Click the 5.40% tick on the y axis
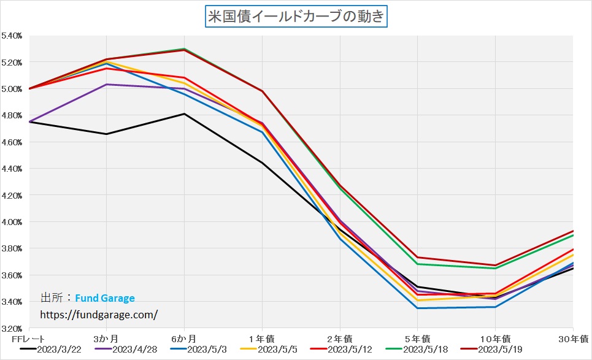tap(12, 36)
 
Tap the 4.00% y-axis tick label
tap(12, 222)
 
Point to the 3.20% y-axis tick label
tap(12, 328)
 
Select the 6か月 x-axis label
tap(184, 338)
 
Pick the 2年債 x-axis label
tap(340, 338)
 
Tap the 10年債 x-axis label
tap(495, 338)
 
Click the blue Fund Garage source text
tap(105, 299)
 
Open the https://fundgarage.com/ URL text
tap(99, 314)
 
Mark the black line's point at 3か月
tap(107, 134)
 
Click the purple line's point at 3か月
tap(107, 85)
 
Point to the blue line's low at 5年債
tap(417, 308)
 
